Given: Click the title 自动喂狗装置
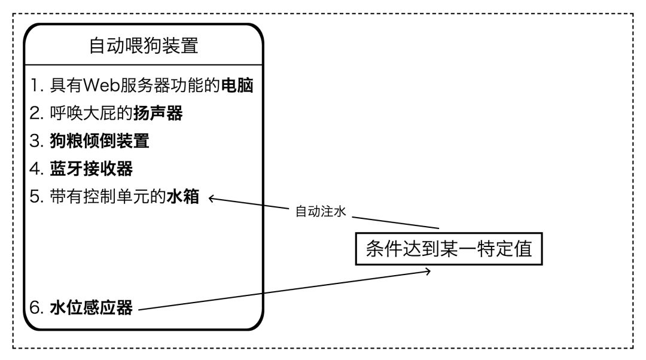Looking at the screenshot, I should pos(144,46).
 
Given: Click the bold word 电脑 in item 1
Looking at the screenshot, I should pos(237,86).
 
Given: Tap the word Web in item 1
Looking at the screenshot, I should pos(100,86).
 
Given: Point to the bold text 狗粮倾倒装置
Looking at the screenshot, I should pos(99,141).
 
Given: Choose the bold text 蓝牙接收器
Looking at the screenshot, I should pos(91,169).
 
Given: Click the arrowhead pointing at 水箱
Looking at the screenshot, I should pos(212,200).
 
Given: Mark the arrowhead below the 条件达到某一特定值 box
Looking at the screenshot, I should pos(426,272).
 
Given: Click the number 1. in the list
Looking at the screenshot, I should pos(38,86).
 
